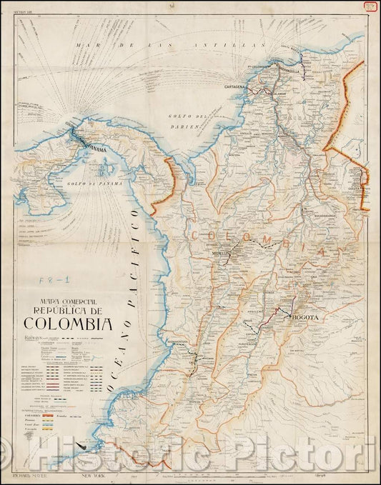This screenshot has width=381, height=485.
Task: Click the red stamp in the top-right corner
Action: pyautogui.click(x=370, y=6)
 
